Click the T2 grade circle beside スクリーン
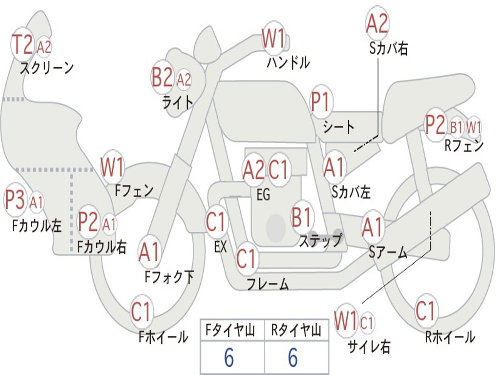tap(22, 45)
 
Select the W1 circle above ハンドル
tap(273, 39)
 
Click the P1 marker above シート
tap(320, 102)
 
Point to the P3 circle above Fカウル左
tap(15, 200)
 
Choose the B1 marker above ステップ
tap(301, 217)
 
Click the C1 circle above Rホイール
tap(425, 311)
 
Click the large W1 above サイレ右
tap(345, 320)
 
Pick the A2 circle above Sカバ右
tap(377, 23)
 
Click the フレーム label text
tap(268, 284)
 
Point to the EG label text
tap(263, 194)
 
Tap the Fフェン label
tap(134, 191)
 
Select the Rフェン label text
tap(464, 146)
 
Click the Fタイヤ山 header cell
tap(232, 330)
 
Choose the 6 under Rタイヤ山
tap(293, 357)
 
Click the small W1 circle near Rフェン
tap(474, 127)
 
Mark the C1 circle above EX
tap(216, 221)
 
